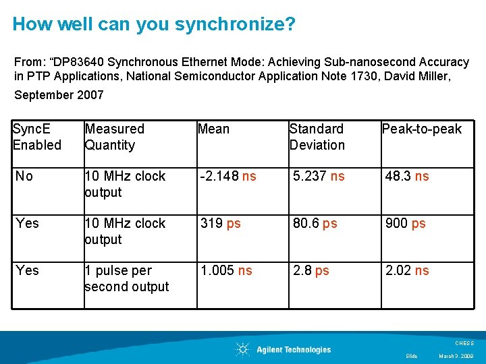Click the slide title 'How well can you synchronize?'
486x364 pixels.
pyautogui.click(x=154, y=24)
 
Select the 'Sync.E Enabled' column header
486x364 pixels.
pyautogui.click(x=37, y=137)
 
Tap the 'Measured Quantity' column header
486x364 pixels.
pyautogui.click(x=114, y=137)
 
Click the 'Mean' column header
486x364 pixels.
pyautogui.click(x=213, y=129)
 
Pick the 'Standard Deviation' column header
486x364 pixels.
pyautogui.click(x=317, y=137)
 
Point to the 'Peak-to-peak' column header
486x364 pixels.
pyautogui.click(x=422, y=129)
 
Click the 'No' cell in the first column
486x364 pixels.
pyautogui.click(x=24, y=176)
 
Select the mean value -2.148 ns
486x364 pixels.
pyautogui.click(x=228, y=176)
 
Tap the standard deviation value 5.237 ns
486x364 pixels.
pyautogui.click(x=319, y=176)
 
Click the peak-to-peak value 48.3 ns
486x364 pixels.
pyautogui.click(x=407, y=176)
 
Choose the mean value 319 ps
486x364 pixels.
pyautogui.click(x=220, y=223)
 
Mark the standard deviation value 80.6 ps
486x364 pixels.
pyautogui.click(x=315, y=223)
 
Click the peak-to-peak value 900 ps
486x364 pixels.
pyautogui.click(x=405, y=223)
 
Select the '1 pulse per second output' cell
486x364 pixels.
pyautogui.click(x=126, y=278)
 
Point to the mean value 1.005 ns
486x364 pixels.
pyautogui.click(x=226, y=270)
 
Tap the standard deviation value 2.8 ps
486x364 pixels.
pyautogui.click(x=310, y=270)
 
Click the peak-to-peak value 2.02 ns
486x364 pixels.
pyautogui.click(x=407, y=270)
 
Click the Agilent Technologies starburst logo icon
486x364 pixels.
pyautogui.click(x=242, y=349)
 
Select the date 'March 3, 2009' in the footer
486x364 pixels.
pyautogui.click(x=456, y=356)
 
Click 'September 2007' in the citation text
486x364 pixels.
pyautogui.click(x=59, y=95)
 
